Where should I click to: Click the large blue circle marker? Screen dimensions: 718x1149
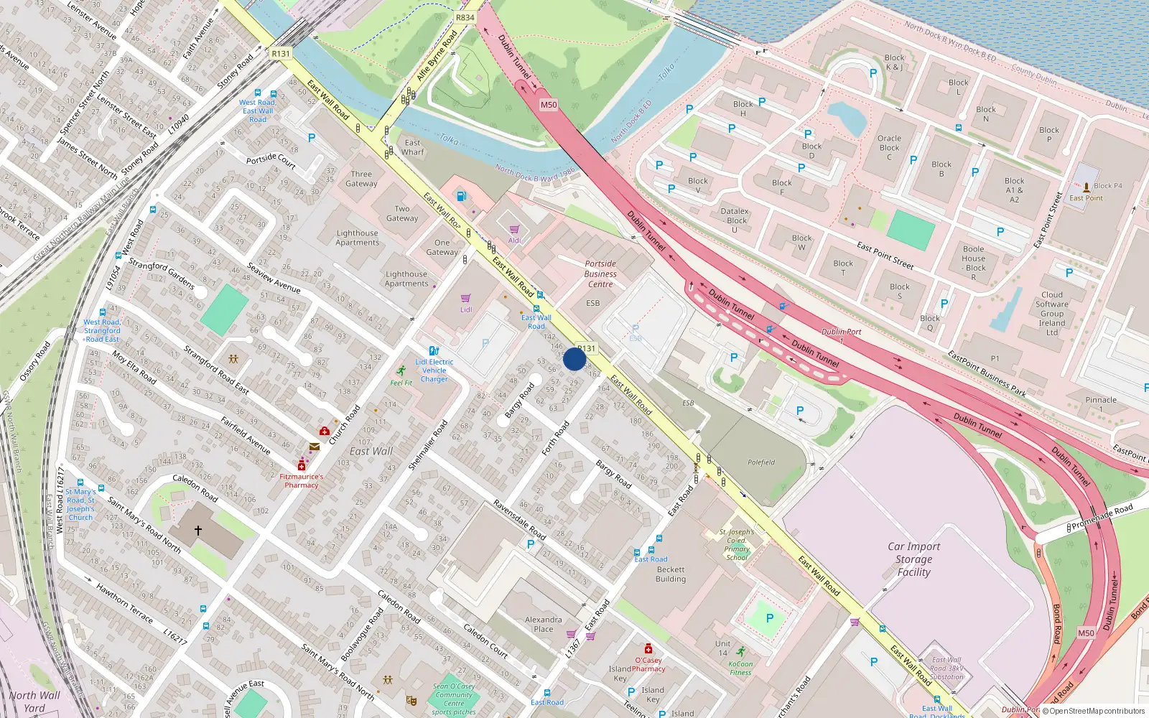[x=574, y=359]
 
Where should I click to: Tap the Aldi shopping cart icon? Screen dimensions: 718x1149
[x=514, y=230]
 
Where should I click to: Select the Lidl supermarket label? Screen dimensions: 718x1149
[x=466, y=310]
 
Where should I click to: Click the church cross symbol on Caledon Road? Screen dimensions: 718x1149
[x=198, y=531]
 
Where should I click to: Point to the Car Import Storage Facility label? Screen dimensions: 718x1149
[x=913, y=559]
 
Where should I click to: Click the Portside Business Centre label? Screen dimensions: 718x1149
[x=600, y=274]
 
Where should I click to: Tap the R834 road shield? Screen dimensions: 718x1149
[x=465, y=17]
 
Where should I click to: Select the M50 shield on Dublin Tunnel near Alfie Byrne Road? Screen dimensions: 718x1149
[x=548, y=105]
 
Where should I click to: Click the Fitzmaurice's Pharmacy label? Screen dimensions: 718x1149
[x=301, y=480]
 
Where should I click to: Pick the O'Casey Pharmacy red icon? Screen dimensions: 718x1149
[x=648, y=649]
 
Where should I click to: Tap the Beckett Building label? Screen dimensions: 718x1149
[x=671, y=574]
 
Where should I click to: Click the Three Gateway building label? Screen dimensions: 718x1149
[x=361, y=179]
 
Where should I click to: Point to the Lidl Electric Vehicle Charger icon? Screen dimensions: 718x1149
[x=434, y=351]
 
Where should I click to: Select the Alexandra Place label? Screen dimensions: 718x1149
[x=544, y=624]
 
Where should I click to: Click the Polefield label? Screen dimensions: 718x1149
[x=761, y=462]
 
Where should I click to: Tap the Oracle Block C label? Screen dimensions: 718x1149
[x=889, y=147]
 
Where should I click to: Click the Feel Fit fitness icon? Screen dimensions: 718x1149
[x=401, y=371]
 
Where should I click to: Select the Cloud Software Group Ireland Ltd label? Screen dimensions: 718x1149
[x=1052, y=314]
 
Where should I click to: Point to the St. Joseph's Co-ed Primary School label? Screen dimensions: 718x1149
[x=737, y=544]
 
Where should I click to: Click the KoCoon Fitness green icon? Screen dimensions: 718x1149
[x=740, y=653]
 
